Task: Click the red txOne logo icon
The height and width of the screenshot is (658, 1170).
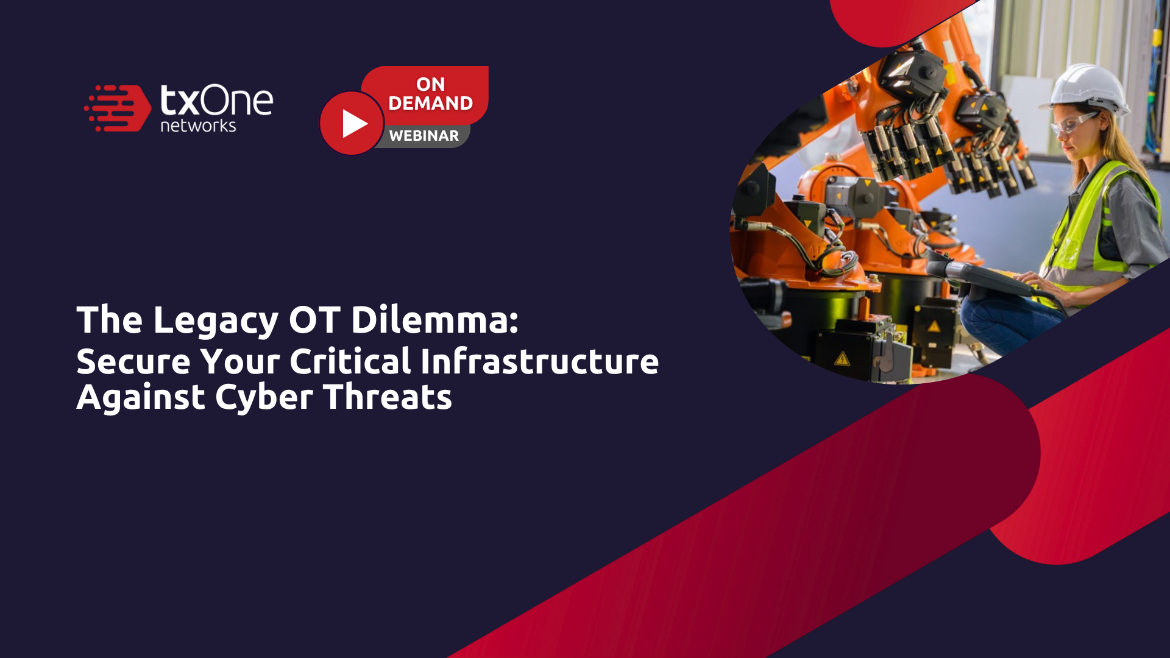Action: [x=118, y=108]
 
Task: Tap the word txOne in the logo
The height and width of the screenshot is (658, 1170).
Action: [x=216, y=101]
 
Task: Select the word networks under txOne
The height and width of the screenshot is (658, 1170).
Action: [x=198, y=126]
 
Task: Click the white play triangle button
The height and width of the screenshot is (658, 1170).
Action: [x=353, y=124]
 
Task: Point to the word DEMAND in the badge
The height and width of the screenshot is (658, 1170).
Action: [x=430, y=104]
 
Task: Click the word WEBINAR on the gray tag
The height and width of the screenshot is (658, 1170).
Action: [x=424, y=136]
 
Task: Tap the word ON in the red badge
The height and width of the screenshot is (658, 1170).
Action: [x=430, y=84]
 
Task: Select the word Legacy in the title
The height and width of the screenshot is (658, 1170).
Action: [x=216, y=320]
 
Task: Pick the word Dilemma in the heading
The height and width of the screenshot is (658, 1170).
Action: [x=434, y=320]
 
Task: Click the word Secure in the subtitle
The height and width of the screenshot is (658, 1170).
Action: [x=133, y=361]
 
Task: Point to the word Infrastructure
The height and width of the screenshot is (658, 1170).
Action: [x=539, y=361]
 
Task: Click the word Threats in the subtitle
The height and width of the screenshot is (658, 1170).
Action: [x=388, y=397]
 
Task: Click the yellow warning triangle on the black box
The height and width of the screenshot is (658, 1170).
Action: [x=842, y=358]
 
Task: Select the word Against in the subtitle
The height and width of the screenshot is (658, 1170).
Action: [x=141, y=398]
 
